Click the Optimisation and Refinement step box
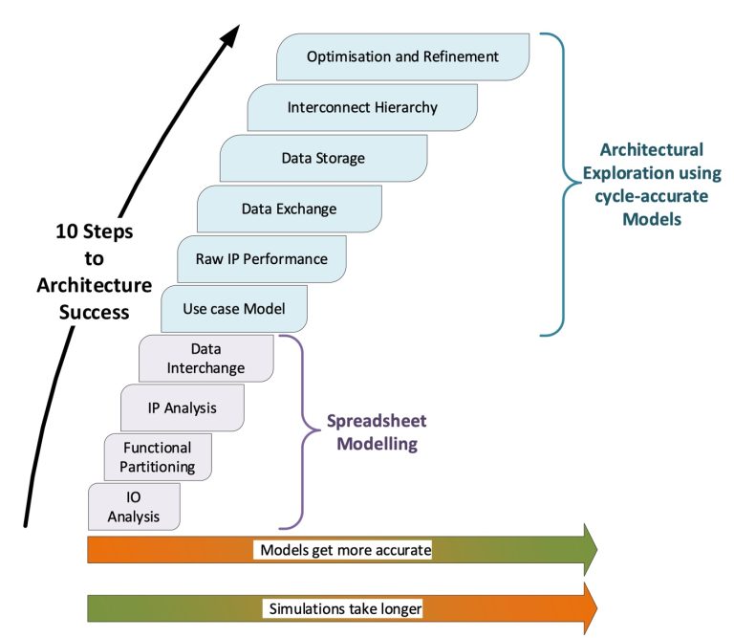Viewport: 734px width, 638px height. pyautogui.click(x=402, y=56)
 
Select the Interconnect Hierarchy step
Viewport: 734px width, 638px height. pyautogui.click(x=362, y=107)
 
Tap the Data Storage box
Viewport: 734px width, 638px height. pyautogui.click(x=323, y=158)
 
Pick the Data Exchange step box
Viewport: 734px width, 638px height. pyautogui.click(x=289, y=209)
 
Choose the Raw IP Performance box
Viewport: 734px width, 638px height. pyautogui.click(x=261, y=259)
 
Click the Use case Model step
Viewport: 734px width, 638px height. pyautogui.click(x=234, y=309)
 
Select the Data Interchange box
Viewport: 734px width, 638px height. pyautogui.click(x=206, y=358)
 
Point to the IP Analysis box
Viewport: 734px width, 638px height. pyautogui.click(x=182, y=407)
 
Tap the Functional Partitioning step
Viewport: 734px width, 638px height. pyautogui.click(x=158, y=457)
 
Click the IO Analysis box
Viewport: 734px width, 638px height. pyautogui.click(x=133, y=507)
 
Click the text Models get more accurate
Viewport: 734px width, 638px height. pyautogui.click(x=344, y=550)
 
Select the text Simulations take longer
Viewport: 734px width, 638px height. pyautogui.click(x=344, y=608)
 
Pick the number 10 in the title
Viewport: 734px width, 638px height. pyautogui.click(x=71, y=232)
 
